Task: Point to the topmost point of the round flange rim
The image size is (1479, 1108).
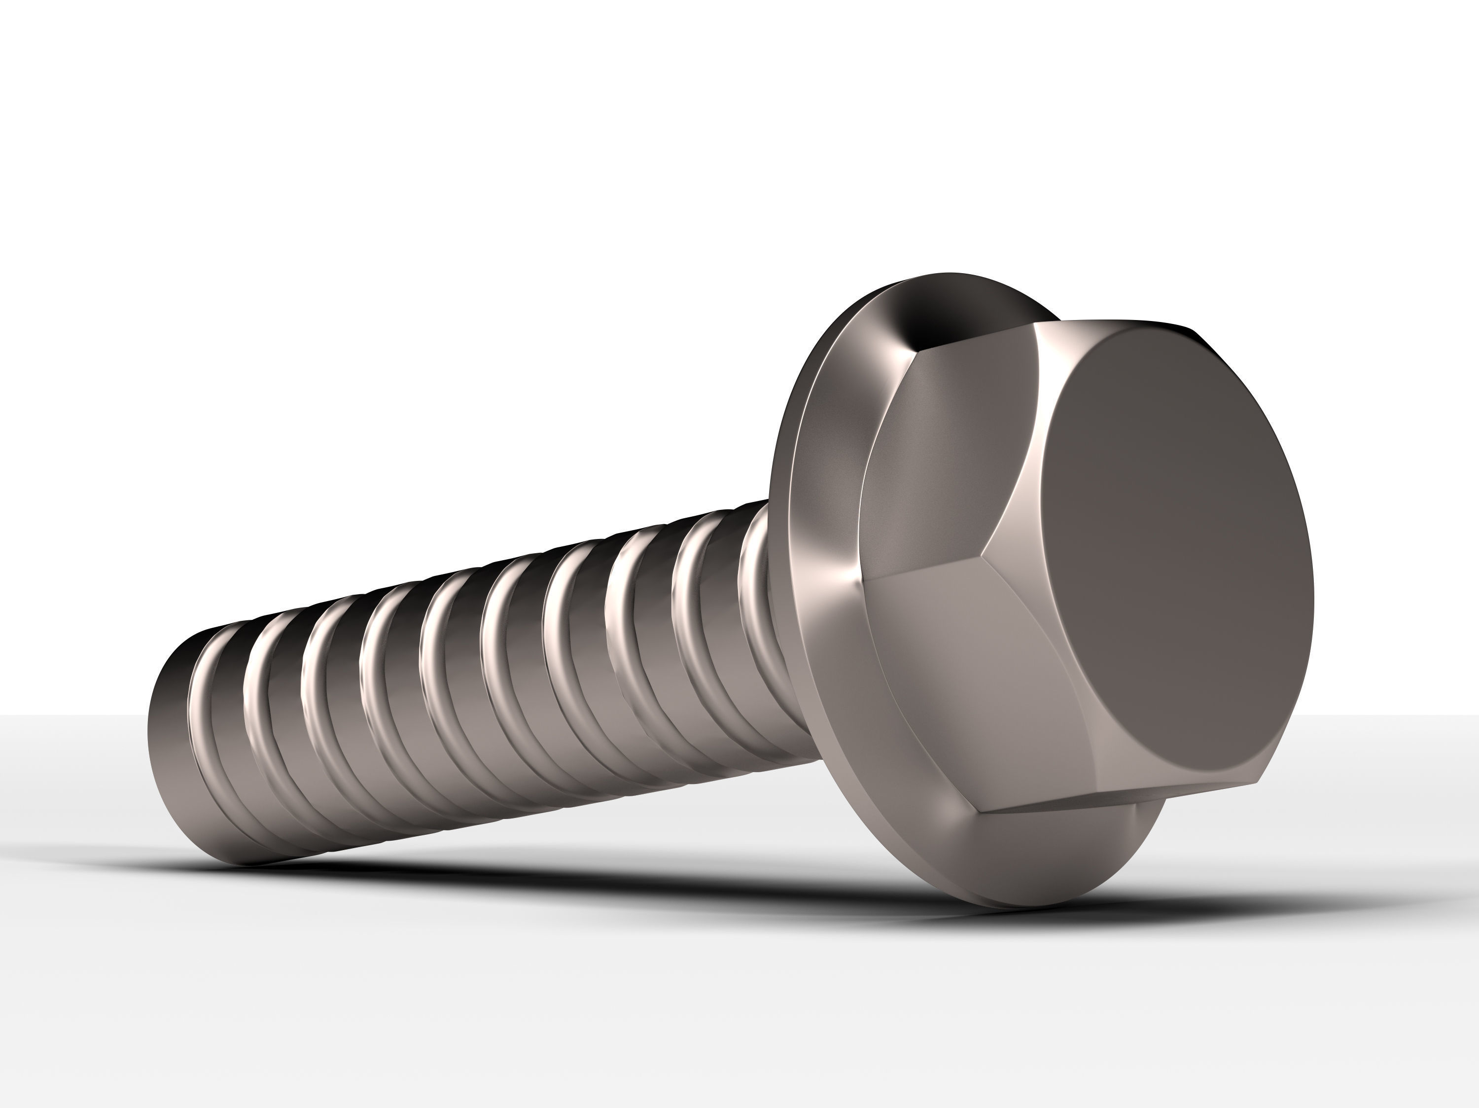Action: (950, 274)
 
